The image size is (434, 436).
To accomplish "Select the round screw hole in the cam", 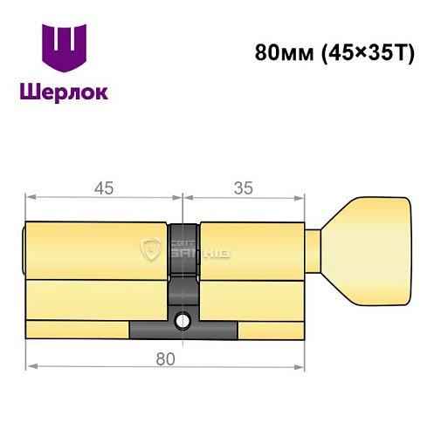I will [183, 320].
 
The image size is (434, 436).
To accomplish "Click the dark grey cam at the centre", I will [183, 262].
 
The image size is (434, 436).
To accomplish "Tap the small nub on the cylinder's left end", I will [24, 237].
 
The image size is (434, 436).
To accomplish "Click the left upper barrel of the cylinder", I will [96, 251].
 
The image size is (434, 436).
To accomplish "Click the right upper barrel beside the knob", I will [253, 251].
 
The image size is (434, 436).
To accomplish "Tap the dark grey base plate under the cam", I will [183, 331].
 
